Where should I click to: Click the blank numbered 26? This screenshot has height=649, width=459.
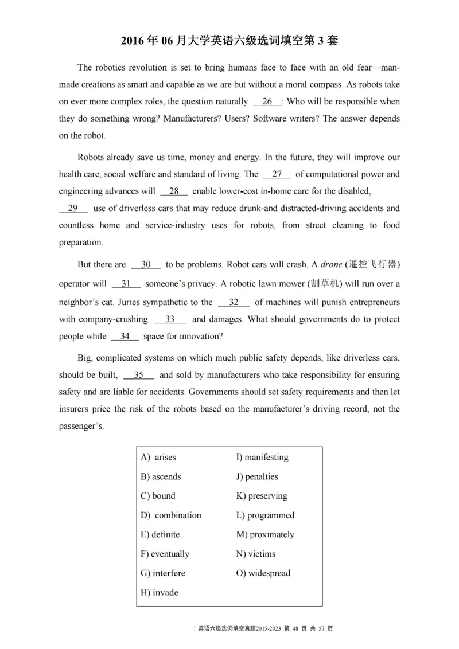(x=267, y=101)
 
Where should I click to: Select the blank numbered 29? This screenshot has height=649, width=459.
(x=73, y=208)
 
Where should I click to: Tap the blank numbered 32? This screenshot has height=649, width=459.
(x=234, y=302)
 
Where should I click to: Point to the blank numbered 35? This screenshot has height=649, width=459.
(x=138, y=375)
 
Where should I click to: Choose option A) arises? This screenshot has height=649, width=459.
(x=158, y=457)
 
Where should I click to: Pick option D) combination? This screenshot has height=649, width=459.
(x=171, y=515)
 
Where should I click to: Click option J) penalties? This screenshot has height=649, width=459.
(x=257, y=476)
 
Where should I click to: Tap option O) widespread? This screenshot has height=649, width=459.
(x=263, y=573)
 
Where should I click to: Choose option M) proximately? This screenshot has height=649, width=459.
(x=265, y=534)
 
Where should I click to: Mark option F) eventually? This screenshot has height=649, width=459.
(x=165, y=554)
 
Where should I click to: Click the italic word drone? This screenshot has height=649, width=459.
(x=330, y=264)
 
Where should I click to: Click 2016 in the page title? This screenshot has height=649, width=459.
(x=134, y=41)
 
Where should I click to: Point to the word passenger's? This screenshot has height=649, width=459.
(x=81, y=427)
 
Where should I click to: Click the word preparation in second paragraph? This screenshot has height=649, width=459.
(x=81, y=242)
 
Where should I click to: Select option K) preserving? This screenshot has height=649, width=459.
(x=262, y=495)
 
